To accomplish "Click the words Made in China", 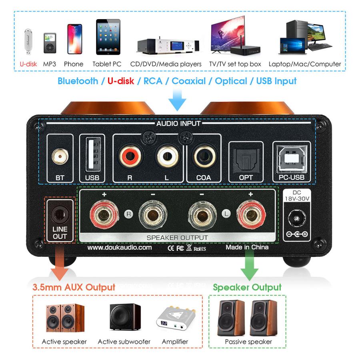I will tap(247, 247).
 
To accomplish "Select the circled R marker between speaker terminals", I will tap(128, 213).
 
